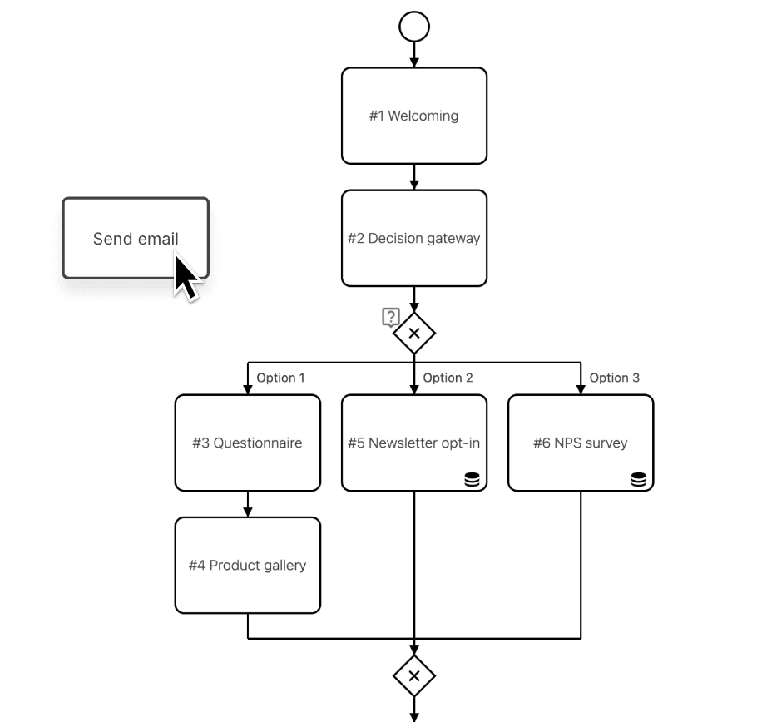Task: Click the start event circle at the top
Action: coord(414,27)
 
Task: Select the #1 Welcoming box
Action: coord(414,116)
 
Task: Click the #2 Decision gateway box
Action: coord(414,239)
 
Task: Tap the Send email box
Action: coord(136,239)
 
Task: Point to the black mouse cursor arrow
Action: coord(185,278)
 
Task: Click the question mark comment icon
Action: coord(391,318)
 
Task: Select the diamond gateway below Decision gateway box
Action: coord(414,334)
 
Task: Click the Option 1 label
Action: coord(280,378)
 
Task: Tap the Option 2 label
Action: coord(448,378)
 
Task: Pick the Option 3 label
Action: coord(614,378)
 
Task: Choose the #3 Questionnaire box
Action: coord(248,443)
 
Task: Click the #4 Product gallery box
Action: coord(248,566)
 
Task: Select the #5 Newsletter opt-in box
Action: coord(414,443)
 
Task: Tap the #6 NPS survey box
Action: coord(581,443)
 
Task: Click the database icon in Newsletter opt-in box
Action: coord(473,479)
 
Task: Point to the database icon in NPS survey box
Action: coord(639,479)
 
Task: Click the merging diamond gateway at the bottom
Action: coord(414,675)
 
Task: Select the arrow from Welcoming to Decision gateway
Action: coord(414,177)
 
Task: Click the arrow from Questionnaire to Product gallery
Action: coord(248,504)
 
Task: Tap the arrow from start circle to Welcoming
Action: coord(414,55)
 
